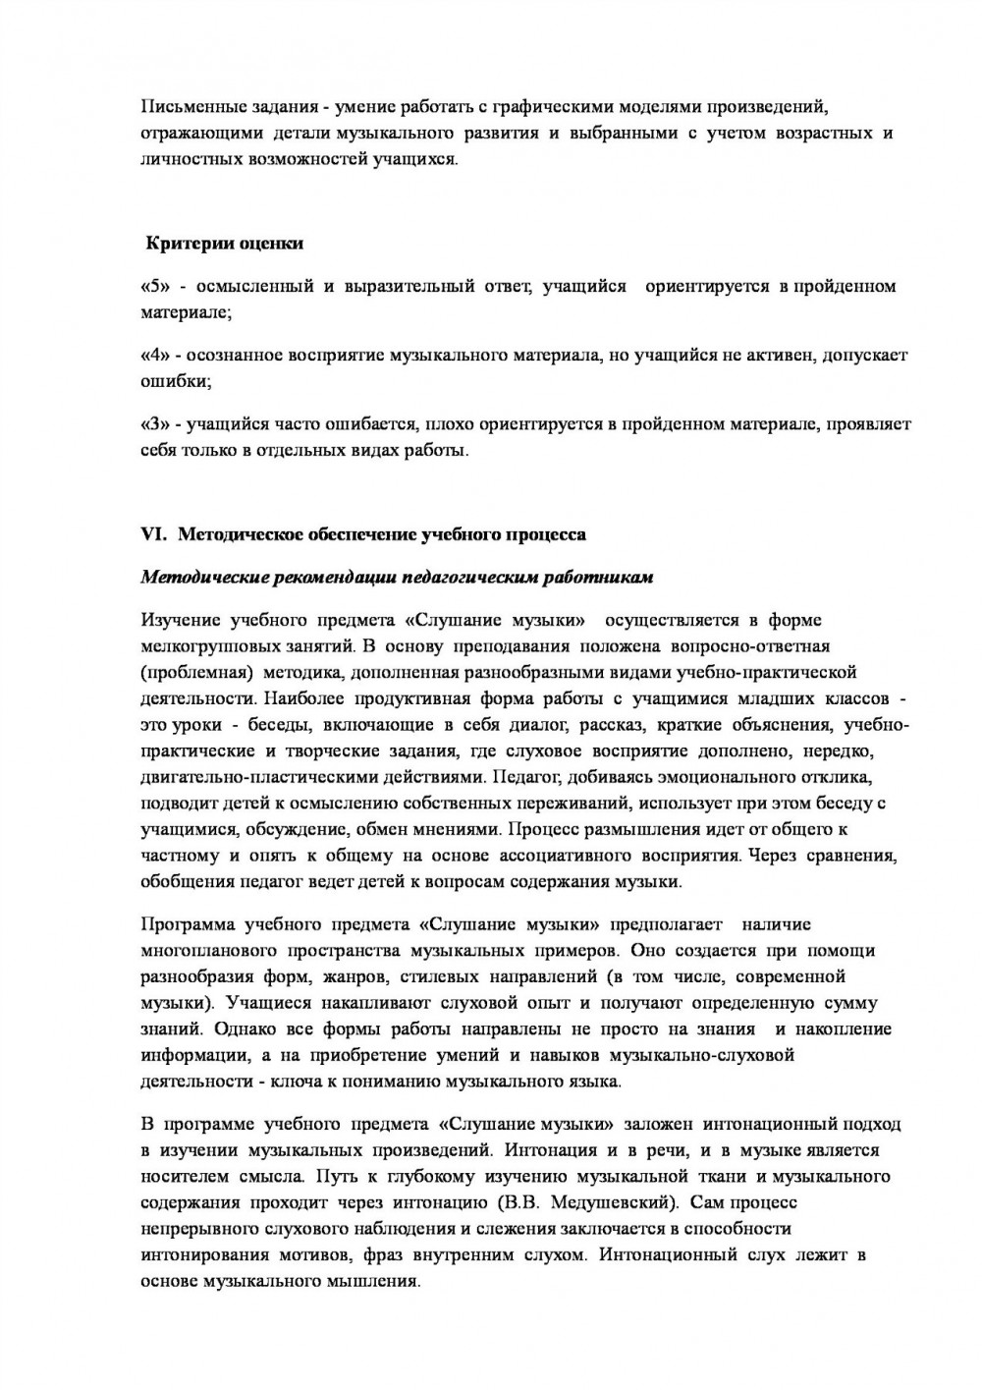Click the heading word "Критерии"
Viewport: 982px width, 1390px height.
click(x=187, y=243)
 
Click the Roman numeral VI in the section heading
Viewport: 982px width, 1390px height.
click(x=155, y=535)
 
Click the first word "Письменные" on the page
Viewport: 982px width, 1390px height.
click(x=190, y=107)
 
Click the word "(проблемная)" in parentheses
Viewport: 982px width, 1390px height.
click(x=190, y=673)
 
